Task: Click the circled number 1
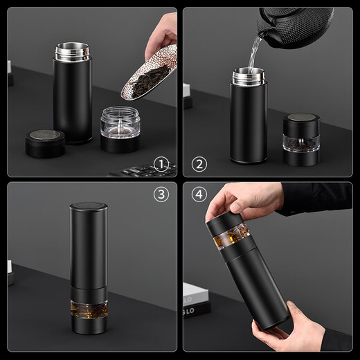tap(161, 164)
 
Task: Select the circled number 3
tap(161, 195)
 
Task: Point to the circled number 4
tap(199, 195)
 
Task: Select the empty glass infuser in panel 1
tap(120, 123)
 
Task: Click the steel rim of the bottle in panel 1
tap(72, 51)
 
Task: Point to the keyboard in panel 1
tap(142, 170)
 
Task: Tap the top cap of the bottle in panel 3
tap(89, 208)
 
